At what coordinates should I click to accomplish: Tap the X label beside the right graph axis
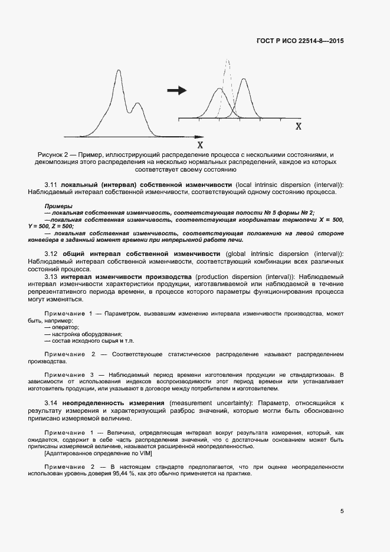pyautogui.click(x=299, y=126)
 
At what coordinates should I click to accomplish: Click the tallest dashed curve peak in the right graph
pyautogui.click(x=228, y=61)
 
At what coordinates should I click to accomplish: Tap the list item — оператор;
pyautogui.click(x=61, y=327)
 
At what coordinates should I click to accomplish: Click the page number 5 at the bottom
pyautogui.click(x=342, y=511)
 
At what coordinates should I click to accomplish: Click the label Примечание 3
pyautogui.click(x=70, y=374)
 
